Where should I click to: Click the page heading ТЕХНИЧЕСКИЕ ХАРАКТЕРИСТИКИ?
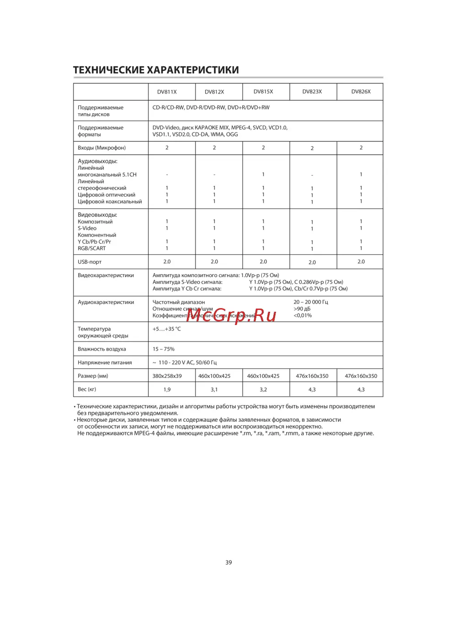point(156,70)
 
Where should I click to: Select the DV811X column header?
point(167,92)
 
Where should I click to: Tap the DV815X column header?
point(263,91)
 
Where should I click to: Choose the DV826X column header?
point(361,91)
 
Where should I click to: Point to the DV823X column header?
point(312,91)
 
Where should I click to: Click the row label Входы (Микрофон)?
point(101,148)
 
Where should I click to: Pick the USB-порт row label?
point(90,262)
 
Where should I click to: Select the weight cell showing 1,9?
point(167,390)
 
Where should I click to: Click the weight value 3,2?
point(263,390)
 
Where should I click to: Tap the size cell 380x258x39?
point(167,376)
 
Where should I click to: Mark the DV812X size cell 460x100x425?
point(214,376)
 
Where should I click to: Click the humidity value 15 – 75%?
point(164,349)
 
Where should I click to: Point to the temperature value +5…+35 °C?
point(166,329)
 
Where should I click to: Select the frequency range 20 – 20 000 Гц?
point(311,302)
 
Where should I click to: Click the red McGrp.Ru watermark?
point(231,315)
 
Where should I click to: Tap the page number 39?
point(228,562)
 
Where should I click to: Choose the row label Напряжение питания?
point(105,362)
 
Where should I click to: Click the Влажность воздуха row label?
point(101,349)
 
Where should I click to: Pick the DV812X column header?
point(214,92)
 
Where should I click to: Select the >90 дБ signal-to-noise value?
point(302,309)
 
